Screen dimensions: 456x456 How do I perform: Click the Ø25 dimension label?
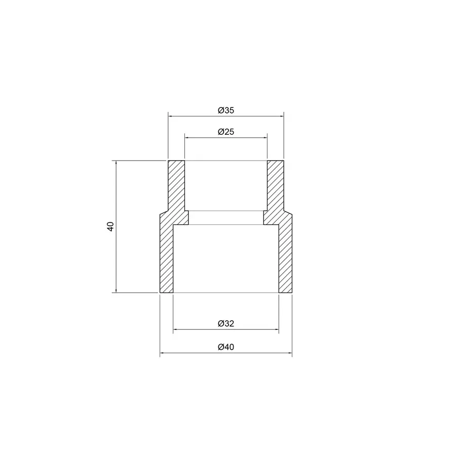point(225,131)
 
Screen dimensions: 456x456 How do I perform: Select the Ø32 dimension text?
point(225,323)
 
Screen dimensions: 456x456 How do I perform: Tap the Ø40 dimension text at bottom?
point(225,348)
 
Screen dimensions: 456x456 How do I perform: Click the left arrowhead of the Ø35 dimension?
point(170,117)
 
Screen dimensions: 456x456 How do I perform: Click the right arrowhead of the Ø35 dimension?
point(281,117)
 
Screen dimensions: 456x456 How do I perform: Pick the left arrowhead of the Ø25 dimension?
point(187,137)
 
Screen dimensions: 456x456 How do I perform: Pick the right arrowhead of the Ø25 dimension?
point(264,137)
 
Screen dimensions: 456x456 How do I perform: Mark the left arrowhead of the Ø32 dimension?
point(176,330)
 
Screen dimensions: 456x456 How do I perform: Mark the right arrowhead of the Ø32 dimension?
point(276,330)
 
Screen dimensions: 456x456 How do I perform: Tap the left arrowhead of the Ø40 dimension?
point(162,354)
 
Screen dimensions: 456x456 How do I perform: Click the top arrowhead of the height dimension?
point(117,163)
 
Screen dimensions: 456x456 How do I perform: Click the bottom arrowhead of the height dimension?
point(117,290)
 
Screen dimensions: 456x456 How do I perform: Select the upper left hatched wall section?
point(176,185)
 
